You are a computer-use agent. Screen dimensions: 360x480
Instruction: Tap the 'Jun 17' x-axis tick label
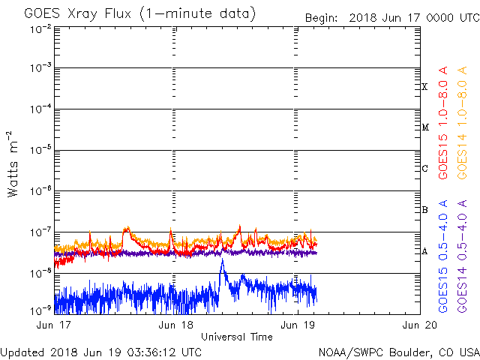[55, 325]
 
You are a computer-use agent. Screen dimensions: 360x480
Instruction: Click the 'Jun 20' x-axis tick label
[418, 325]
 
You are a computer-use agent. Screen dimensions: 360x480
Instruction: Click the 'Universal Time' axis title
[236, 337]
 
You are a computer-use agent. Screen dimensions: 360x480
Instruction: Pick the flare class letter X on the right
[424, 87]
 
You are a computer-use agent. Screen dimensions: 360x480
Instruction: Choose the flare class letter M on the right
[424, 127]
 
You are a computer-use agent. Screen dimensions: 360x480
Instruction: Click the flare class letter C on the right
[424, 169]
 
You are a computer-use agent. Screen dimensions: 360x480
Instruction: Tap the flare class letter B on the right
[424, 210]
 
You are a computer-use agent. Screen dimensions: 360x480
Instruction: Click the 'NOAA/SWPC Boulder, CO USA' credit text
[398, 351]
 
